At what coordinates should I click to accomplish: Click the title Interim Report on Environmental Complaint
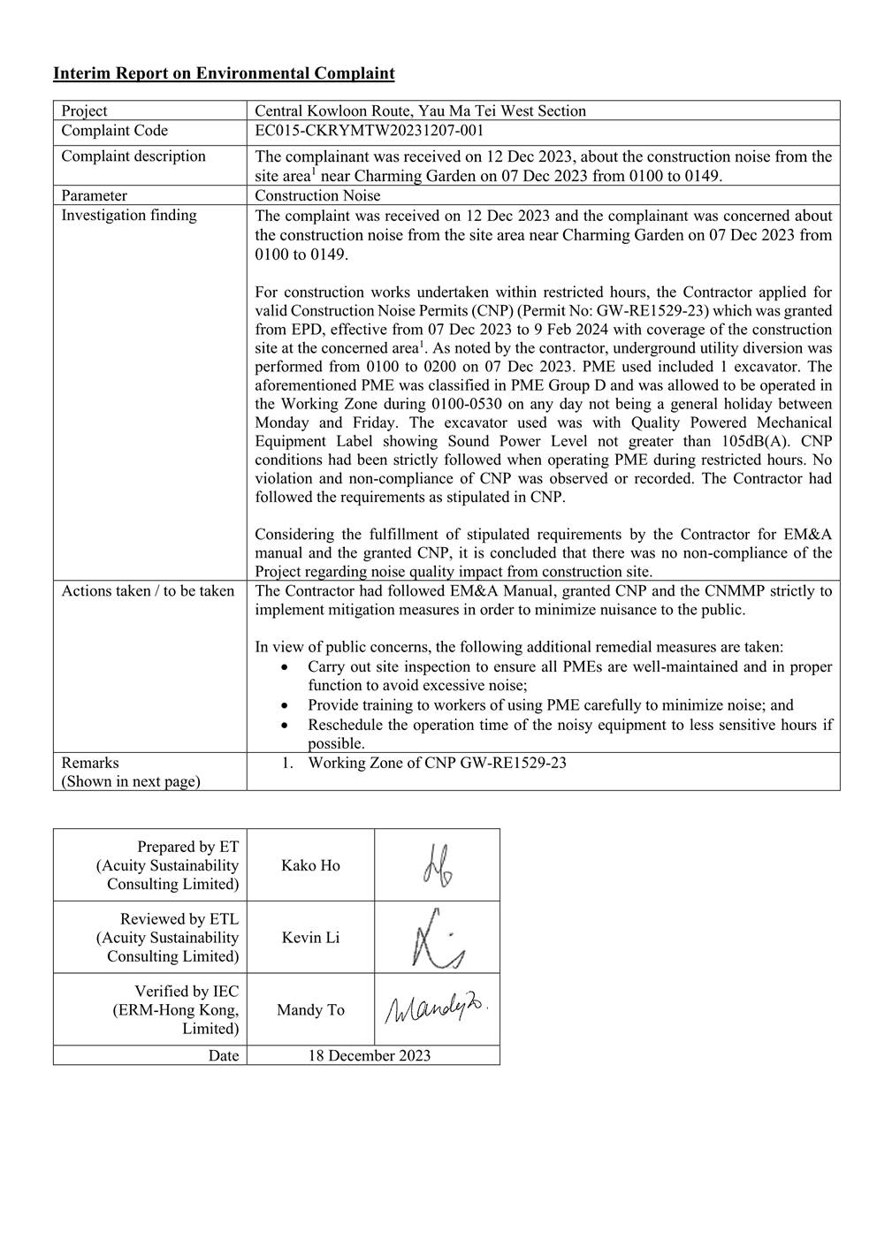coord(224,73)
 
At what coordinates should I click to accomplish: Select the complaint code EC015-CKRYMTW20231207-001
coord(369,131)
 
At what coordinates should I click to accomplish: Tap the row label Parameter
coord(94,195)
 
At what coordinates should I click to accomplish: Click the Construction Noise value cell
coord(317,195)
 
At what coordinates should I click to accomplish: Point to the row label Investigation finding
coord(129,215)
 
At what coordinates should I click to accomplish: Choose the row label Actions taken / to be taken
coord(148,590)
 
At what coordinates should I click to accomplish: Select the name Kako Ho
coord(310,865)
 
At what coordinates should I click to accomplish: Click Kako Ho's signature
coord(438,866)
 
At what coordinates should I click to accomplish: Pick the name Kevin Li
coord(310,938)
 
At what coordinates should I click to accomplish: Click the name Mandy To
coord(310,1010)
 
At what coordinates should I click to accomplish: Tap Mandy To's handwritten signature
coord(436,1008)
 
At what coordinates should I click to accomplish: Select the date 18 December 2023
coord(370,1055)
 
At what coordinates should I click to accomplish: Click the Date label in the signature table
coord(223,1055)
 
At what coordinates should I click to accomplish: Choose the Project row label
coord(84,110)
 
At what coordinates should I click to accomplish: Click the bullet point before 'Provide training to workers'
coord(284,705)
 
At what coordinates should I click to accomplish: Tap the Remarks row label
coord(90,763)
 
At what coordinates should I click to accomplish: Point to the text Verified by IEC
coord(187,992)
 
